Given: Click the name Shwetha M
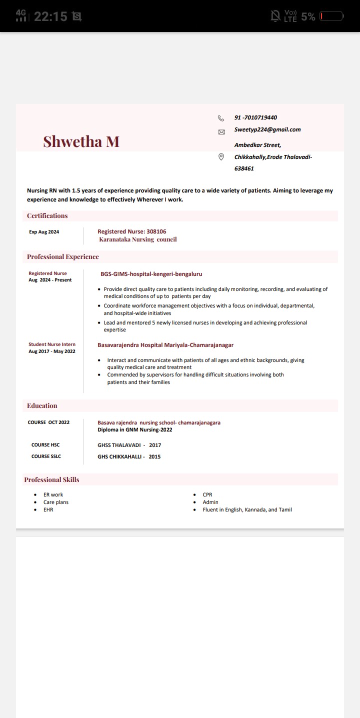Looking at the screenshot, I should [x=81, y=141].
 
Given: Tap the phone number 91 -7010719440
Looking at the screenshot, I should [x=255, y=117].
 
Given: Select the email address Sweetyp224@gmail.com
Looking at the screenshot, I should [x=267, y=129].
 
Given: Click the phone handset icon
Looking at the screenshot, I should [x=221, y=118].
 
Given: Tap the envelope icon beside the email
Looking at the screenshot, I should [x=221, y=132].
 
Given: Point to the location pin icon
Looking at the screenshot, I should [x=221, y=157].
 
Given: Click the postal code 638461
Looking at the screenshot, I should [x=244, y=168].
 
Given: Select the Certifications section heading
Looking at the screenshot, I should [x=47, y=216].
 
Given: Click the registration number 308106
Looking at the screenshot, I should [x=156, y=231].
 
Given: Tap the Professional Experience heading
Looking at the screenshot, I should [x=63, y=257].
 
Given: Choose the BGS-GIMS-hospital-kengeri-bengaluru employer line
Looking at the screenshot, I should [x=151, y=274].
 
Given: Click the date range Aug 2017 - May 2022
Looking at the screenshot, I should [x=52, y=351].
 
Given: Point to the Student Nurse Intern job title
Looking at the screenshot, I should [x=52, y=344].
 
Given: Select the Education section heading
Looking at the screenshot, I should [x=42, y=406].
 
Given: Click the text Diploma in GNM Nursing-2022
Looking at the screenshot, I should [x=134, y=429].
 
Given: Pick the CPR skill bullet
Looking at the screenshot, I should [x=207, y=494].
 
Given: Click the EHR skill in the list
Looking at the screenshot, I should [x=48, y=509].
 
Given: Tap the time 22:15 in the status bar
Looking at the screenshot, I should [x=50, y=16].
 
